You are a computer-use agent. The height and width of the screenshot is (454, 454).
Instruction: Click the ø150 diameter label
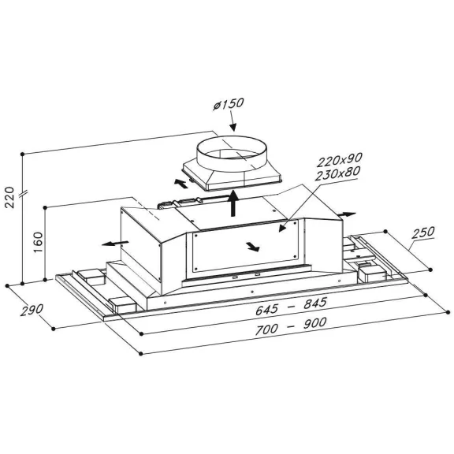click(x=229, y=104)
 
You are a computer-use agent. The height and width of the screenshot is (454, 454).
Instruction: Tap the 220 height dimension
click(x=9, y=197)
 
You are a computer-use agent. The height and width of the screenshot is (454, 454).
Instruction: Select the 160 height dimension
click(x=38, y=242)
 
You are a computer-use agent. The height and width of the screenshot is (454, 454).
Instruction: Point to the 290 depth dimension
click(x=32, y=310)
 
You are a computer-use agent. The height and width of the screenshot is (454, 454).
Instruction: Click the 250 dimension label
click(x=423, y=233)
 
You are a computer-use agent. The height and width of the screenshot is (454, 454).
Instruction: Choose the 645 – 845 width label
click(x=291, y=306)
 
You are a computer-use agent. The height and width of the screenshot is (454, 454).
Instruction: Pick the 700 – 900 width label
click(x=291, y=326)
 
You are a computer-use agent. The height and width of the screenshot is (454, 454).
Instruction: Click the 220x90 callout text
click(x=340, y=160)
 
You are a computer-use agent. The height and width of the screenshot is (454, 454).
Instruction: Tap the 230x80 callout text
click(x=337, y=173)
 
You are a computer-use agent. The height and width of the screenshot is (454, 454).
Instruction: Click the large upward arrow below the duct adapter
click(x=233, y=203)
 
